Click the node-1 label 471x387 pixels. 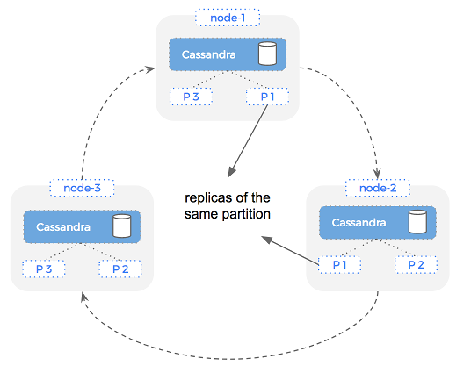tap(227, 18)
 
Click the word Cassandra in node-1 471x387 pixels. tap(207, 54)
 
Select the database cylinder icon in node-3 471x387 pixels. tap(121, 226)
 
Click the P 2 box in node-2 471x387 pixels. tap(416, 263)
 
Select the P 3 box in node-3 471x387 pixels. tap(43, 268)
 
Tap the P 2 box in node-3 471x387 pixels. tap(120, 268)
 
